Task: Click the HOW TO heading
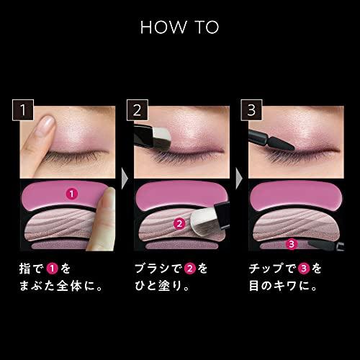[180, 27]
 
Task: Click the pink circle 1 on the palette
[71, 193]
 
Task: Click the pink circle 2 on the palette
[177, 223]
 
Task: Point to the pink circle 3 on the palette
[291, 243]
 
